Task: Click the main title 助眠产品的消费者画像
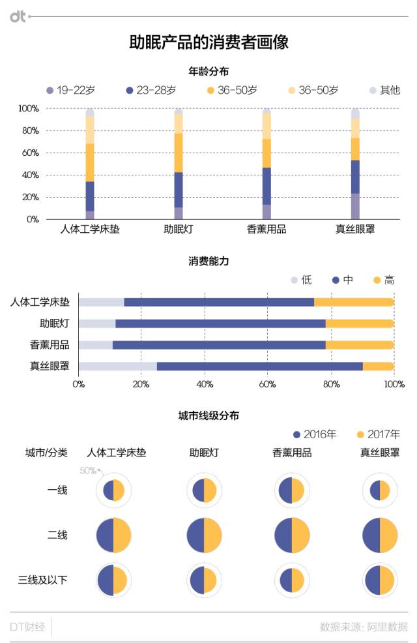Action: (x=208, y=42)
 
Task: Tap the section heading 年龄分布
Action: (x=208, y=71)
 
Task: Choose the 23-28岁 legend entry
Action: (x=151, y=90)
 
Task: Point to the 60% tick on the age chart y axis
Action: (x=29, y=153)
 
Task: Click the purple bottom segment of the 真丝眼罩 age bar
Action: (x=355, y=206)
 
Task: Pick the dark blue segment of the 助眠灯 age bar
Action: (x=179, y=190)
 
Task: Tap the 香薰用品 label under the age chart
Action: (x=266, y=230)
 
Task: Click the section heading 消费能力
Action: (x=208, y=262)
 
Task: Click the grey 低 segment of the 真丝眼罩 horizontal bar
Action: (x=117, y=366)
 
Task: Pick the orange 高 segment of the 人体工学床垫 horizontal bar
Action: (x=354, y=302)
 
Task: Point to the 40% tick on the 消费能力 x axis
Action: (x=205, y=383)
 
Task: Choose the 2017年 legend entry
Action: (x=378, y=434)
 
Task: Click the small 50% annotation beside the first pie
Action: (x=88, y=470)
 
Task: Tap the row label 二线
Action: (x=57, y=535)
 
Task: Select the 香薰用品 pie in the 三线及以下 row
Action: (x=292, y=580)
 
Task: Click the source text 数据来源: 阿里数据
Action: (x=364, y=627)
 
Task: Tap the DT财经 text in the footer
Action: (x=27, y=627)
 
